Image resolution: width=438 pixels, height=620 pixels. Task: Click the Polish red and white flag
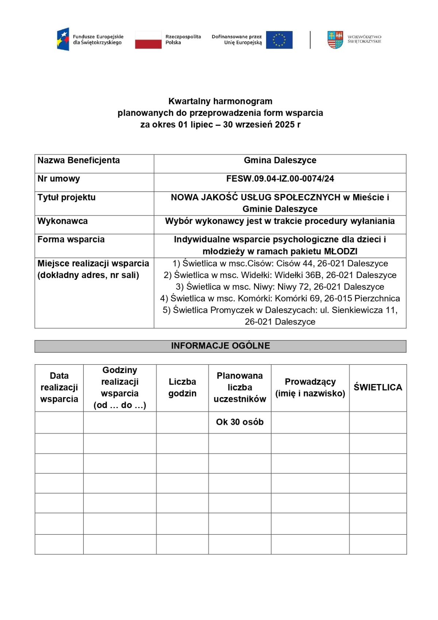click(x=148, y=40)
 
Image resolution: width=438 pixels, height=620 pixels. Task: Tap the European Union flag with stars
click(x=279, y=40)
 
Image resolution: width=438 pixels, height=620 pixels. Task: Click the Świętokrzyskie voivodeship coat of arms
click(x=335, y=40)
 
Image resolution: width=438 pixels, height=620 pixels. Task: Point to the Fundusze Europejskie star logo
click(x=63, y=39)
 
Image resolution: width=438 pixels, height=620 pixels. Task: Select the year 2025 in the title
click(x=285, y=125)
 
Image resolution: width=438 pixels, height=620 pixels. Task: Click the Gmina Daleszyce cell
click(x=280, y=160)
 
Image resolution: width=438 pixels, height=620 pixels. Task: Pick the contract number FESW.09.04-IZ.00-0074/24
click(x=280, y=179)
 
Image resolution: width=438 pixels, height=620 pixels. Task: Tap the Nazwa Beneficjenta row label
click(x=78, y=160)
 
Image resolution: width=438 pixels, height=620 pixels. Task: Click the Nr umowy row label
click(x=59, y=179)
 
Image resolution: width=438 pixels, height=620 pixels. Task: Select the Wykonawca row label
click(x=62, y=221)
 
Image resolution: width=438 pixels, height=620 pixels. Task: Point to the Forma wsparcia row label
click(x=71, y=240)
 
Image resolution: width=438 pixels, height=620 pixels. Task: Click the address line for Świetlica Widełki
click(x=280, y=275)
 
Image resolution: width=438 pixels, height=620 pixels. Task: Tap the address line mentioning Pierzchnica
click(x=280, y=298)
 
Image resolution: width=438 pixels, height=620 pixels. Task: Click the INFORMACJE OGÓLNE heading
click(x=220, y=346)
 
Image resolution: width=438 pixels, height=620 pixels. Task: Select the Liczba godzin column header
click(x=182, y=388)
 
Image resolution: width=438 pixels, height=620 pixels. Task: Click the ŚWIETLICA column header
click(x=378, y=388)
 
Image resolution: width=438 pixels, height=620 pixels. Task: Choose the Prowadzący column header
click(x=310, y=388)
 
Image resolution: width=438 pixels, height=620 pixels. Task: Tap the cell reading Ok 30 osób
click(x=240, y=422)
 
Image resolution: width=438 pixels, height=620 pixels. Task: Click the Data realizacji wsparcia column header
click(x=59, y=388)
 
